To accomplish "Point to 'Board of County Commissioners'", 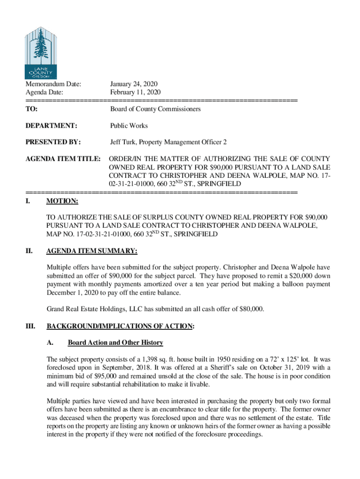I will coord(155,109).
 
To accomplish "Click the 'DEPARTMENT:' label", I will coord(51,126).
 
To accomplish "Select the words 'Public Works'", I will coord(129,126).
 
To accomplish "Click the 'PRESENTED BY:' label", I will coord(53,142).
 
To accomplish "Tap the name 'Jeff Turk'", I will coord(122,142).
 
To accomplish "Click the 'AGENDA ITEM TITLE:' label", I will coord(63,159).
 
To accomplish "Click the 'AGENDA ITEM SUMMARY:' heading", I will coord(92,251).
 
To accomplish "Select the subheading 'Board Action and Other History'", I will coord(115,343).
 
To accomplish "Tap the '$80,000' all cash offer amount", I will coord(252,309).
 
